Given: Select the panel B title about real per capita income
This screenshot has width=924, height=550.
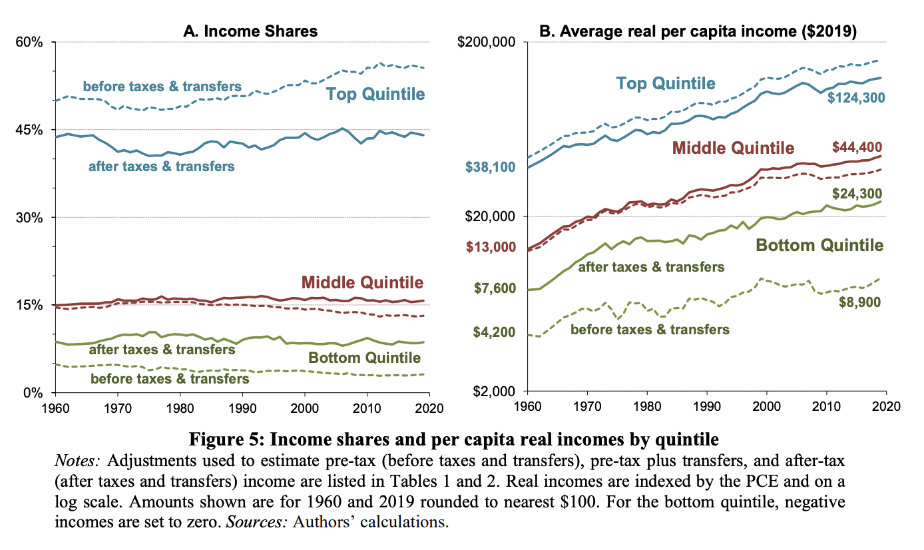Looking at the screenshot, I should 706,31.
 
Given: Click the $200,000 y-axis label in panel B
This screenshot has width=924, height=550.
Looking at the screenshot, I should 488,42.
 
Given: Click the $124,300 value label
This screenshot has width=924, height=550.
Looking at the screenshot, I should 855,98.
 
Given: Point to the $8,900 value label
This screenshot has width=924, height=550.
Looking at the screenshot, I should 858,302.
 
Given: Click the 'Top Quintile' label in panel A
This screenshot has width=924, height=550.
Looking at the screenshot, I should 375,94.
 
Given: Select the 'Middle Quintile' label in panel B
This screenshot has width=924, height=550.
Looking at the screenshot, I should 733,147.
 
